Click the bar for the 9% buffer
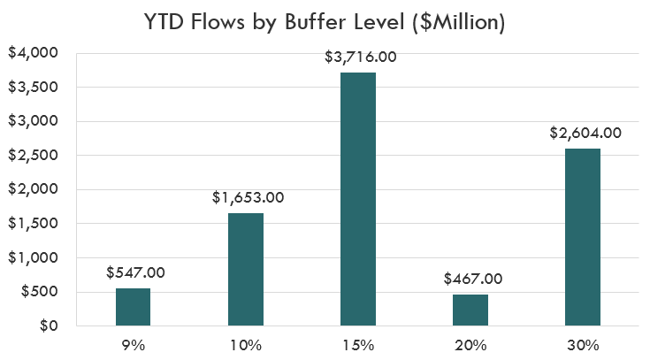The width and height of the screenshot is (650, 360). tap(134, 307)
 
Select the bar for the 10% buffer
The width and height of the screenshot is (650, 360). tap(246, 270)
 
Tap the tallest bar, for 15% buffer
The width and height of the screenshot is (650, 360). tap(358, 199)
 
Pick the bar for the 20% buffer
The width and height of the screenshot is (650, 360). tap(470, 310)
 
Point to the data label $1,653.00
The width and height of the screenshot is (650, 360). tap(248, 197)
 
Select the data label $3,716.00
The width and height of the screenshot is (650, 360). tap(359, 57)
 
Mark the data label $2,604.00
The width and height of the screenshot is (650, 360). tap(585, 134)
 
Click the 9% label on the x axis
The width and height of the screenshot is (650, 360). tap(134, 343)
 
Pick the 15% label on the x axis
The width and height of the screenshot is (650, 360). tap(358, 343)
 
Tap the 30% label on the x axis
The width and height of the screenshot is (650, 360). tap(583, 343)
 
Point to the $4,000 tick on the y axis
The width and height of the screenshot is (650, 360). tap(34, 53)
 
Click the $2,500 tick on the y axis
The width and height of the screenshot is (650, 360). tap(34, 156)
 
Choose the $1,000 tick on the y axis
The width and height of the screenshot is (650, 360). tap(34, 258)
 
